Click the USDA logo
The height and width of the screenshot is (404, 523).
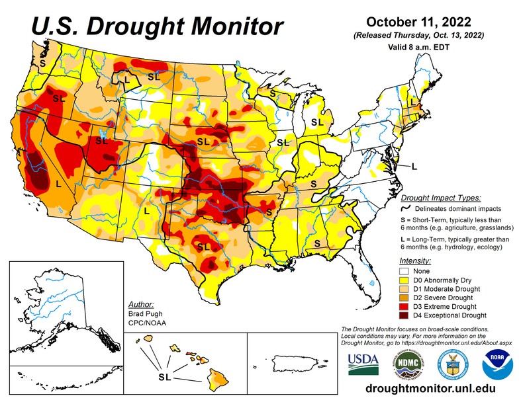361,362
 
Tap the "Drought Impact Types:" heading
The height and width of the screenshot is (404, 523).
441,197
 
